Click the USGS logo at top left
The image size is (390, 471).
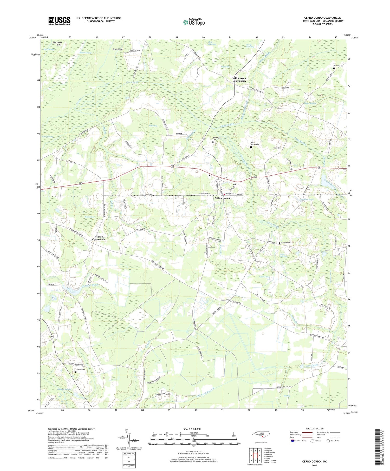59,21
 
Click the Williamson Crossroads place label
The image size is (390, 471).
239,79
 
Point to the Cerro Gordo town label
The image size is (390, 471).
222,198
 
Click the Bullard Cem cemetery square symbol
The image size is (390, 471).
334,68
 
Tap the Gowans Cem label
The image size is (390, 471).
286,243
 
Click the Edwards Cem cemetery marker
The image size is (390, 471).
76,372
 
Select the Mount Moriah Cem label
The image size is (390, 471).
255,144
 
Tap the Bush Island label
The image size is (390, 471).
118,49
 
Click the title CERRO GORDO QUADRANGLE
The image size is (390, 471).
322,18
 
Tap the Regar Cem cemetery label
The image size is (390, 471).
277,148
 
